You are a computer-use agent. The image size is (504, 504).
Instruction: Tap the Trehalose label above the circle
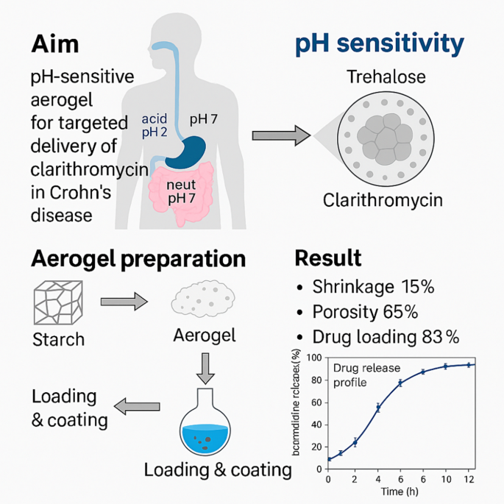click(x=385, y=77)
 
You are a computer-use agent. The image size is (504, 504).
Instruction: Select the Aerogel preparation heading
click(x=138, y=259)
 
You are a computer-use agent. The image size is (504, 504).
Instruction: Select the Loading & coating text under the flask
click(x=218, y=469)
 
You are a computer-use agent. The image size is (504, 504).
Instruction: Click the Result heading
click(x=327, y=258)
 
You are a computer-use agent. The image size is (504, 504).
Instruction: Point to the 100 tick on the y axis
click(x=315, y=358)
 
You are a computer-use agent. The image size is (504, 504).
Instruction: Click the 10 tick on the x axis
click(x=445, y=480)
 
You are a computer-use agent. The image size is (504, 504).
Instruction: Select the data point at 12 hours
click(x=469, y=365)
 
